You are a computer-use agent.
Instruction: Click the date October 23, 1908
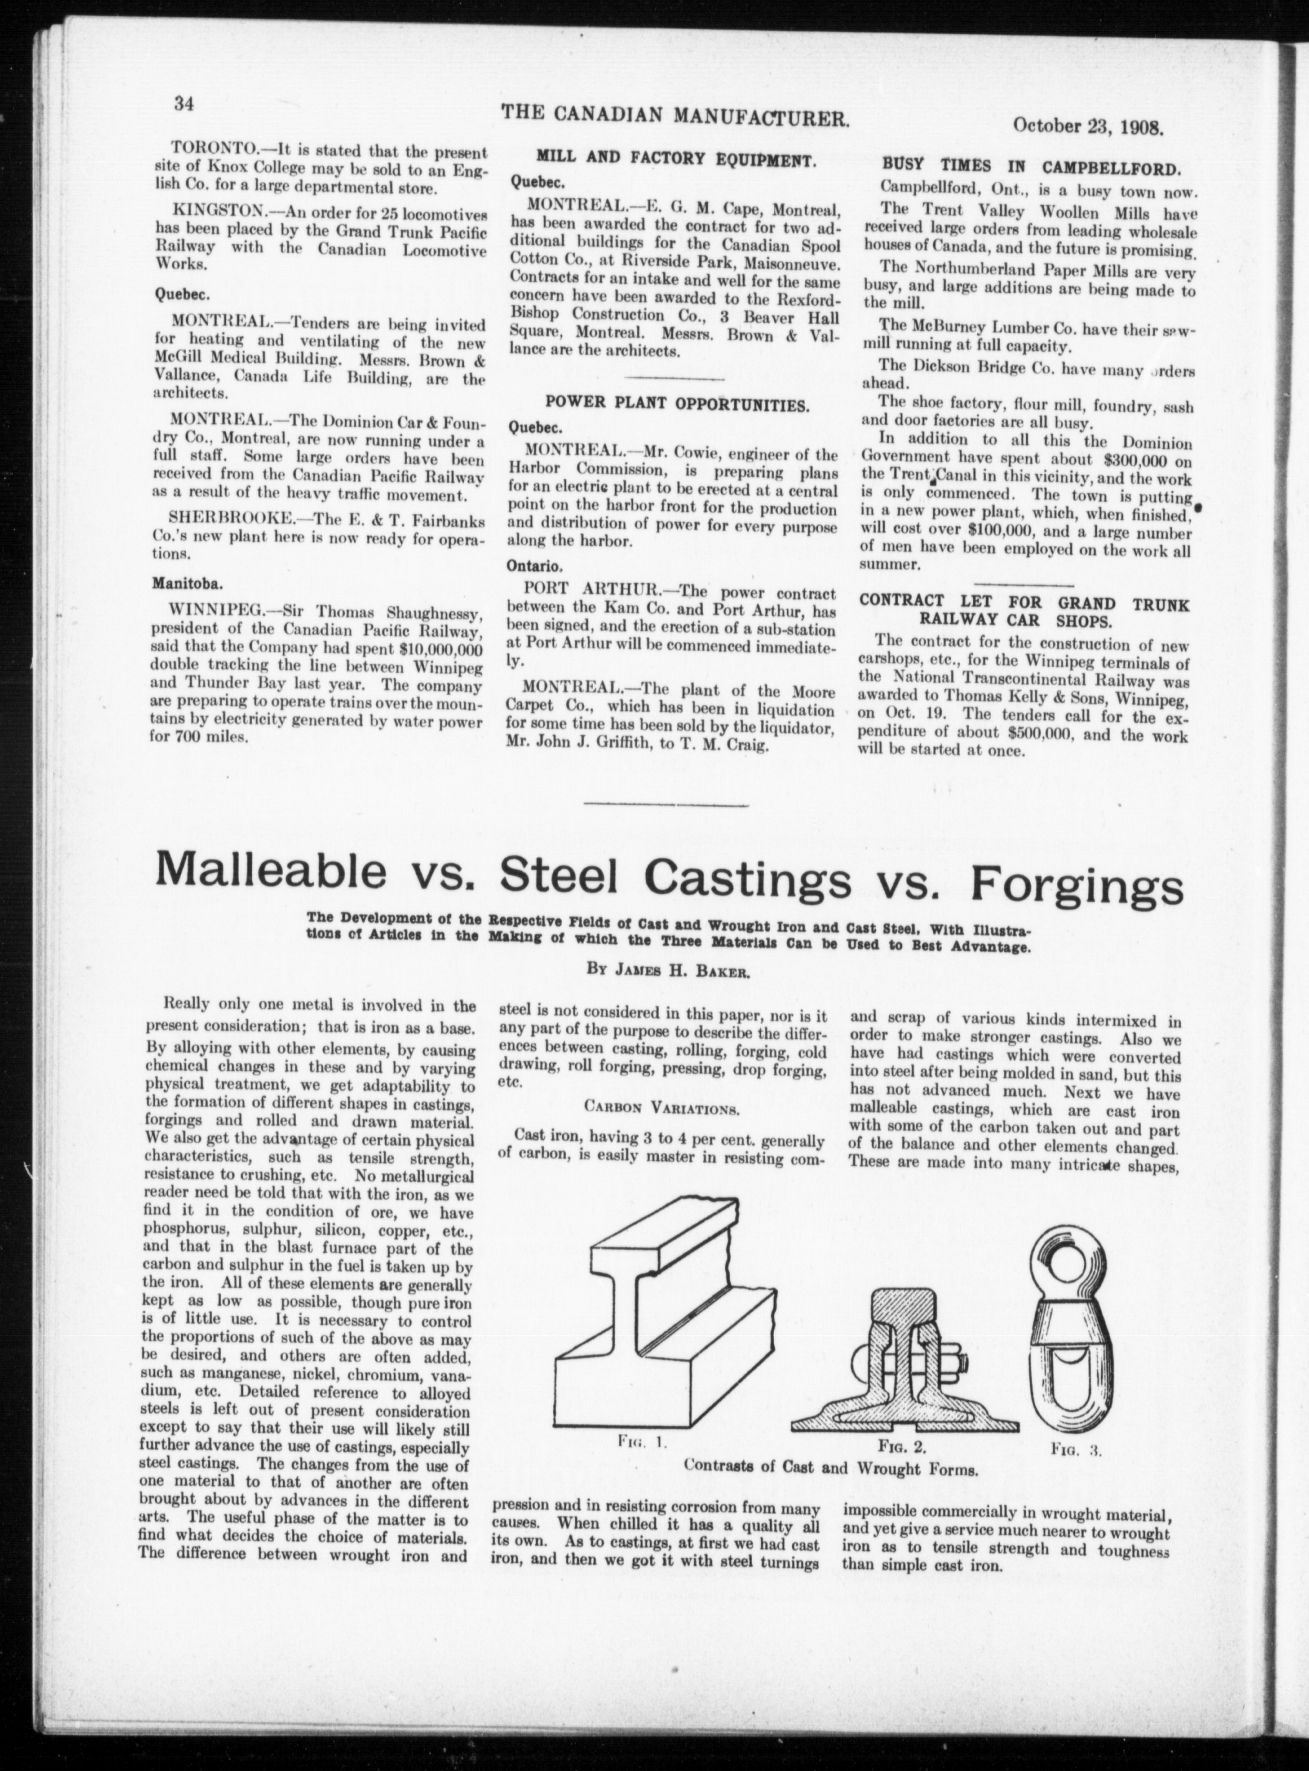click(1087, 126)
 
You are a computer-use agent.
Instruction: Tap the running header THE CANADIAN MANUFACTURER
click(675, 116)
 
